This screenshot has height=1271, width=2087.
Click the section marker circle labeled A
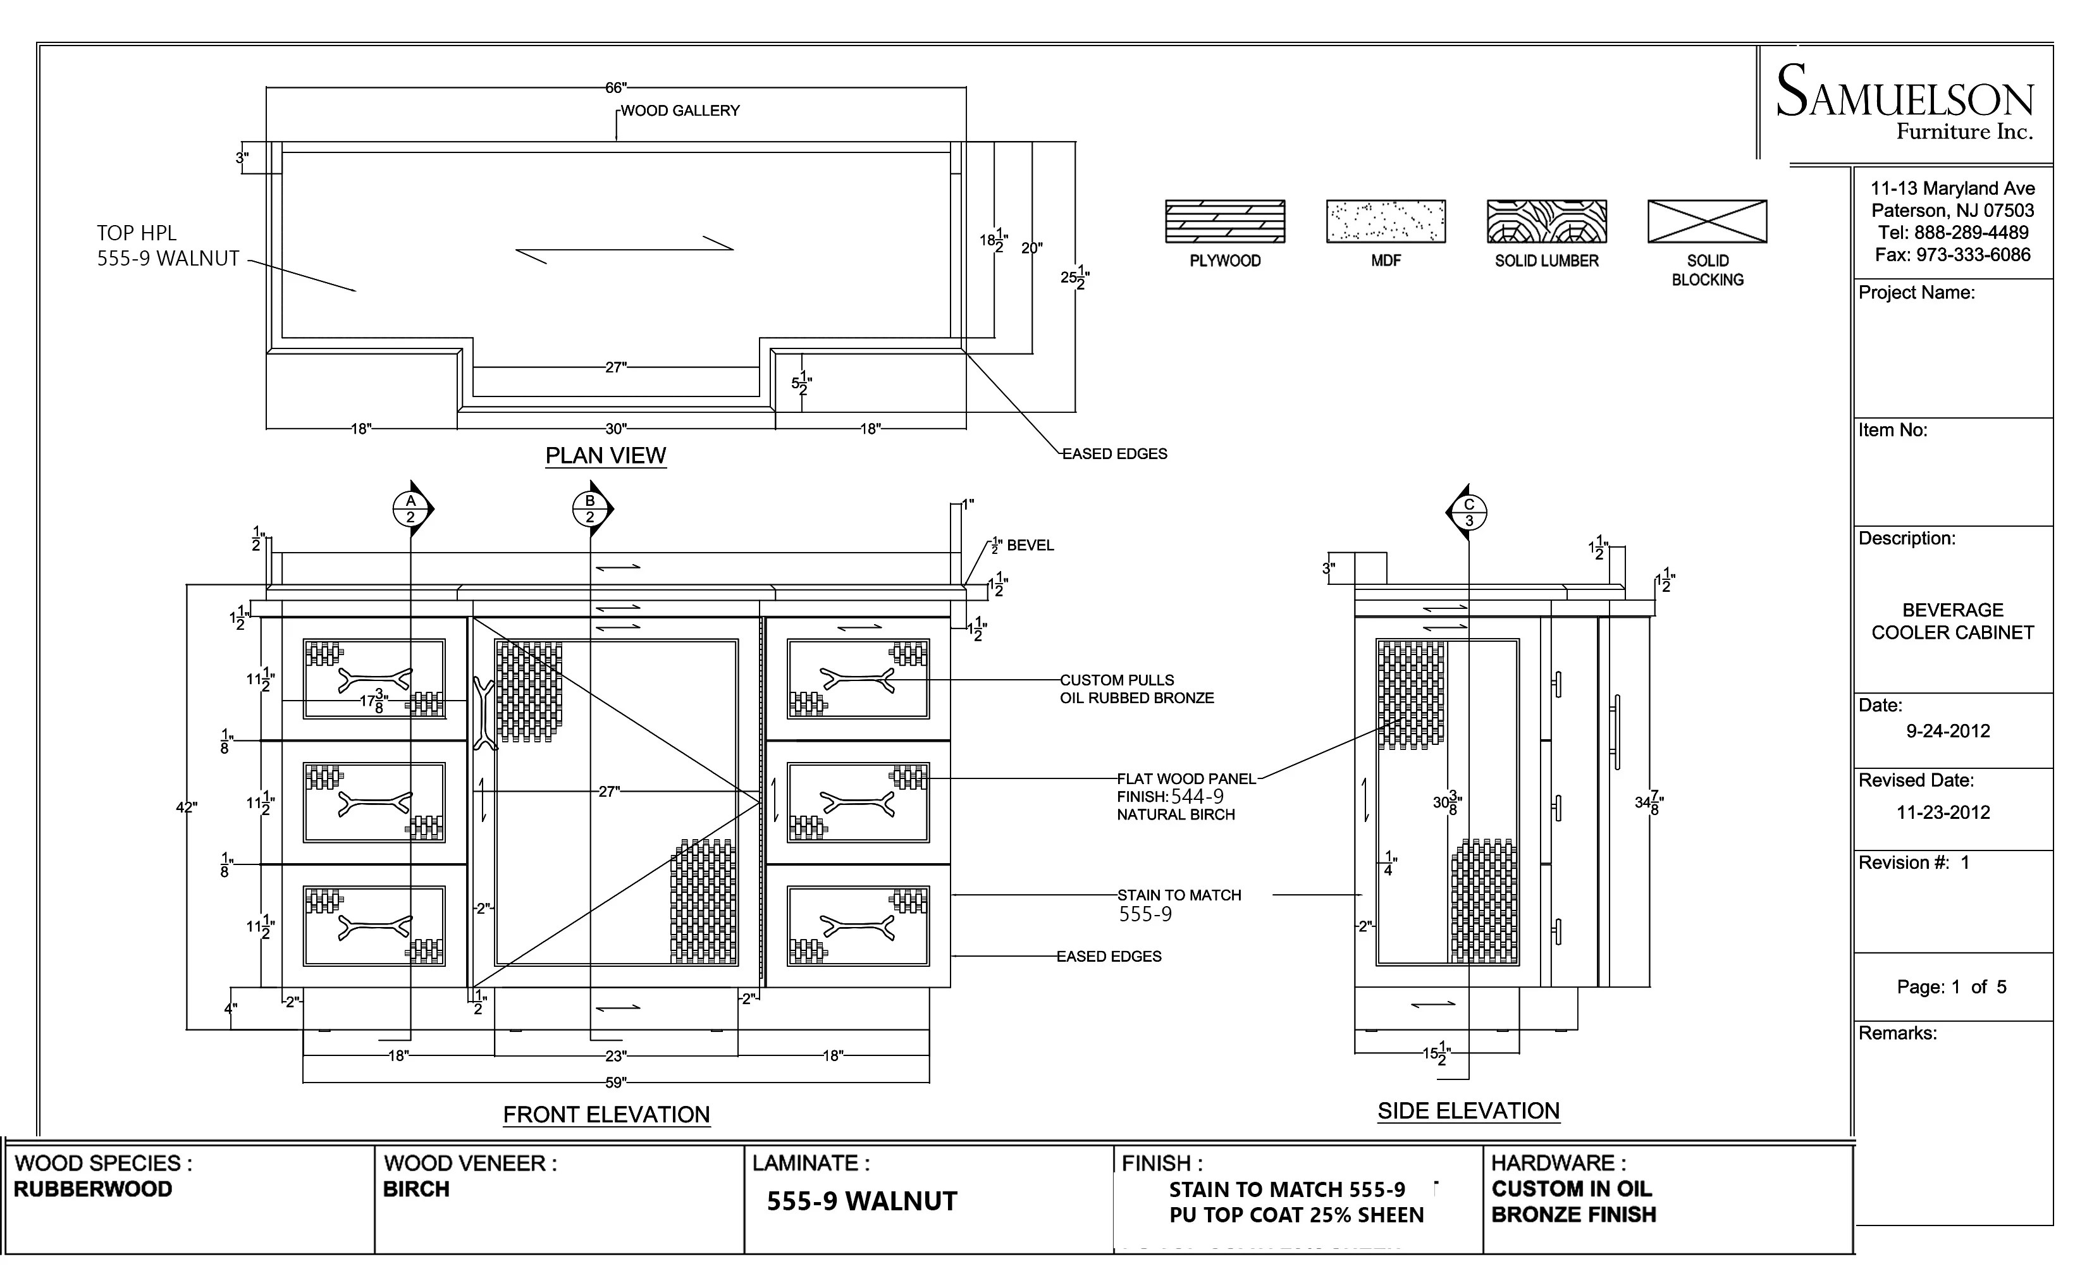(x=410, y=509)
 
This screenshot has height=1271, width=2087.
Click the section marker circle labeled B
(x=589, y=509)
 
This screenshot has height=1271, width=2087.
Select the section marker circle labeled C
(x=1468, y=512)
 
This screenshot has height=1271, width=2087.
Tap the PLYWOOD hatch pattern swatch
(x=1225, y=222)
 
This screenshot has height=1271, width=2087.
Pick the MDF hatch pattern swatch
(x=1386, y=222)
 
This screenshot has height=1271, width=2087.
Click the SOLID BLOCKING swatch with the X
(x=1707, y=222)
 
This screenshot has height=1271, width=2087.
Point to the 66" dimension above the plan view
(x=616, y=88)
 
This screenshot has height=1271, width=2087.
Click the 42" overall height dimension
(x=187, y=808)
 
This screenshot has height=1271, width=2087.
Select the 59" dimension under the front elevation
(x=616, y=1082)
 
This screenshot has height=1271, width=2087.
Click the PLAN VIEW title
(x=606, y=455)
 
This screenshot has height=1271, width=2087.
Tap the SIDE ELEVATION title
(x=1468, y=1111)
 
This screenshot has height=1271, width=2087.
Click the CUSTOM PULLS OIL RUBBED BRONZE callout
(x=1136, y=689)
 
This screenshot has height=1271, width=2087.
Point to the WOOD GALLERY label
(x=680, y=111)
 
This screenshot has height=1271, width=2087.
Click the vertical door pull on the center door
(x=484, y=713)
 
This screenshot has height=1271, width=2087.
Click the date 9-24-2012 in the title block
(x=1947, y=731)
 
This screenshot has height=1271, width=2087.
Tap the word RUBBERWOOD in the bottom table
(x=93, y=1189)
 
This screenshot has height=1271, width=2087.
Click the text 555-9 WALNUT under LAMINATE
(x=861, y=1201)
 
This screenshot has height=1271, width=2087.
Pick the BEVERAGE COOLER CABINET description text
(x=1952, y=621)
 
